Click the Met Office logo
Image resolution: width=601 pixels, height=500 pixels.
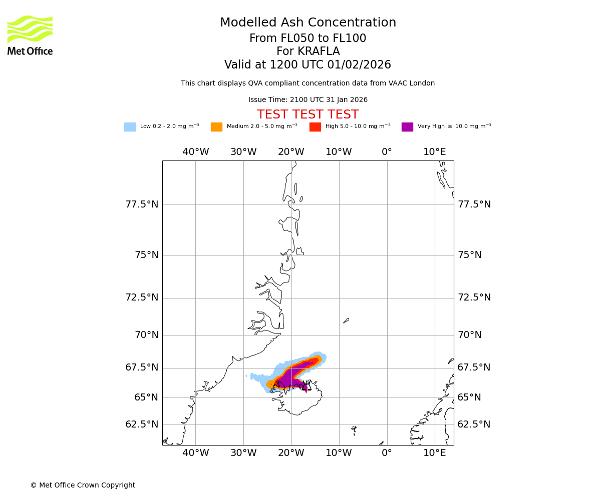click(30, 35)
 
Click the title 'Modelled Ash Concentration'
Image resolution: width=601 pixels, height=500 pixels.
click(308, 23)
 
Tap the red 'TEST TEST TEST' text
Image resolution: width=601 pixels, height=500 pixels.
click(308, 115)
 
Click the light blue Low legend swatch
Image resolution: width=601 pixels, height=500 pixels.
click(130, 127)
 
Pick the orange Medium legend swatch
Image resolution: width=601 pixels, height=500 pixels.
click(216, 127)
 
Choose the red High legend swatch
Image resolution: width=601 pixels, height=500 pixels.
click(315, 127)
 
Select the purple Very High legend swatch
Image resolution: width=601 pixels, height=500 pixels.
click(407, 127)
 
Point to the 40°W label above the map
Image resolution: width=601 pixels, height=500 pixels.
click(195, 152)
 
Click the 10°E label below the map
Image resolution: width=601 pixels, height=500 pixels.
click(434, 453)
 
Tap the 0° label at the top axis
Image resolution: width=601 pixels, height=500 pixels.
click(387, 152)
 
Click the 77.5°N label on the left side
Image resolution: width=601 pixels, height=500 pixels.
click(142, 204)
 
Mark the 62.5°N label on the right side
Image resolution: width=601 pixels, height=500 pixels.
click(474, 424)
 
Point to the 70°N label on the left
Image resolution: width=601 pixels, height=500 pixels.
click(146, 335)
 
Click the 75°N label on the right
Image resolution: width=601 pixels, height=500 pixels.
click(469, 255)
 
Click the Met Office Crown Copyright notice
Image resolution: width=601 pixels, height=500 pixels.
click(83, 485)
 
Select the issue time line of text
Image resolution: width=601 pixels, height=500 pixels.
click(308, 100)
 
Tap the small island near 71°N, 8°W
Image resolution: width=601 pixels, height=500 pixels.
click(346, 320)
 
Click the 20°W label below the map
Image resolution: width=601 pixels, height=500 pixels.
click(291, 453)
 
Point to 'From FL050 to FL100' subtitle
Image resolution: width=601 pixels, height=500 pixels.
click(308, 38)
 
